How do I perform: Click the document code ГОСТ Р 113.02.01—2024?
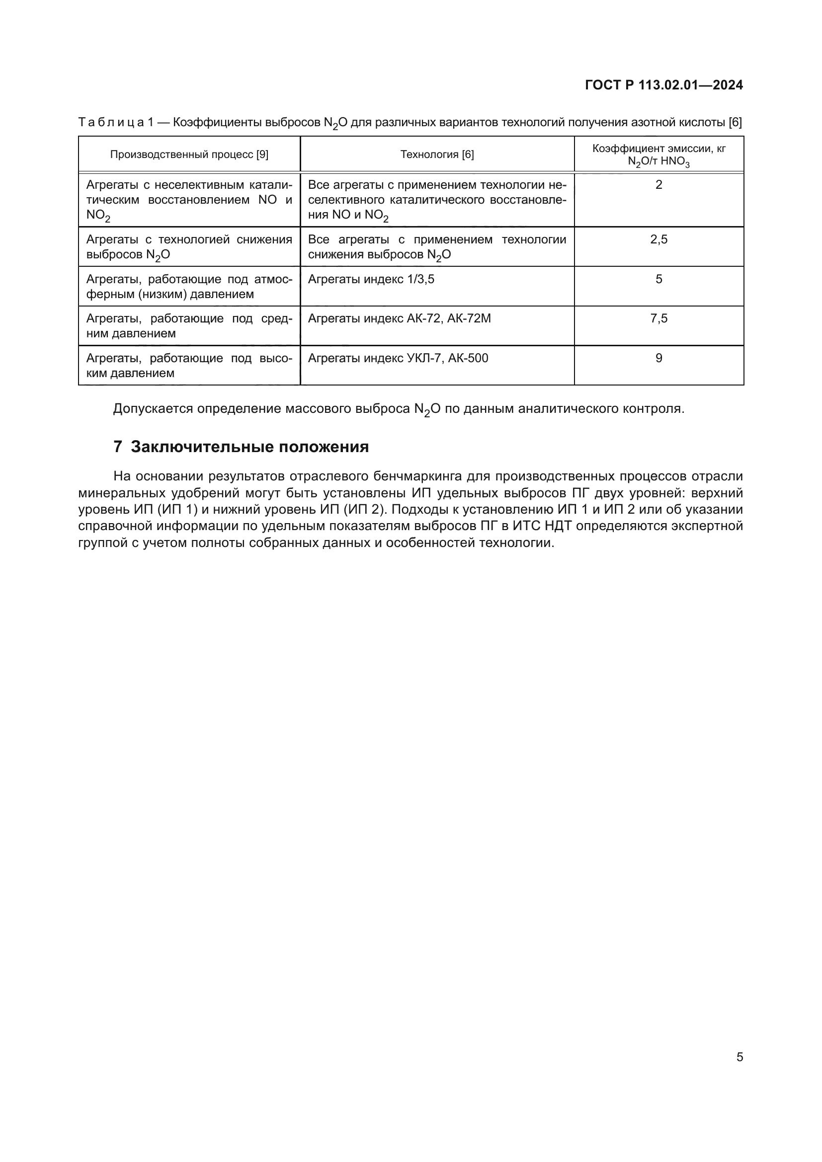click(x=663, y=85)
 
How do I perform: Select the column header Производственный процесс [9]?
click(x=189, y=155)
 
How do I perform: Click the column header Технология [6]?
click(x=437, y=155)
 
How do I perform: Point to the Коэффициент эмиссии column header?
click(x=658, y=155)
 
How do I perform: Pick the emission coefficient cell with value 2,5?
click(x=658, y=239)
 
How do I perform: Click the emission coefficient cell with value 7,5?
click(x=658, y=318)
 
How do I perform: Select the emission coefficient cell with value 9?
click(x=658, y=358)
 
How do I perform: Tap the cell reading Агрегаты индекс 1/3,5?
click(x=371, y=279)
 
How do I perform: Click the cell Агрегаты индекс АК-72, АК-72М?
click(x=399, y=318)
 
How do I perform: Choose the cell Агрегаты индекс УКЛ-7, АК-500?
click(x=398, y=358)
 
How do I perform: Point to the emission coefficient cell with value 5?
click(x=658, y=279)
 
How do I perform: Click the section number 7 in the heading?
click(x=117, y=447)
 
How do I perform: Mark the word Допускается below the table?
click(x=153, y=408)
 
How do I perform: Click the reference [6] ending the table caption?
click(x=735, y=123)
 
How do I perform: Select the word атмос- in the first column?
click(x=273, y=279)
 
